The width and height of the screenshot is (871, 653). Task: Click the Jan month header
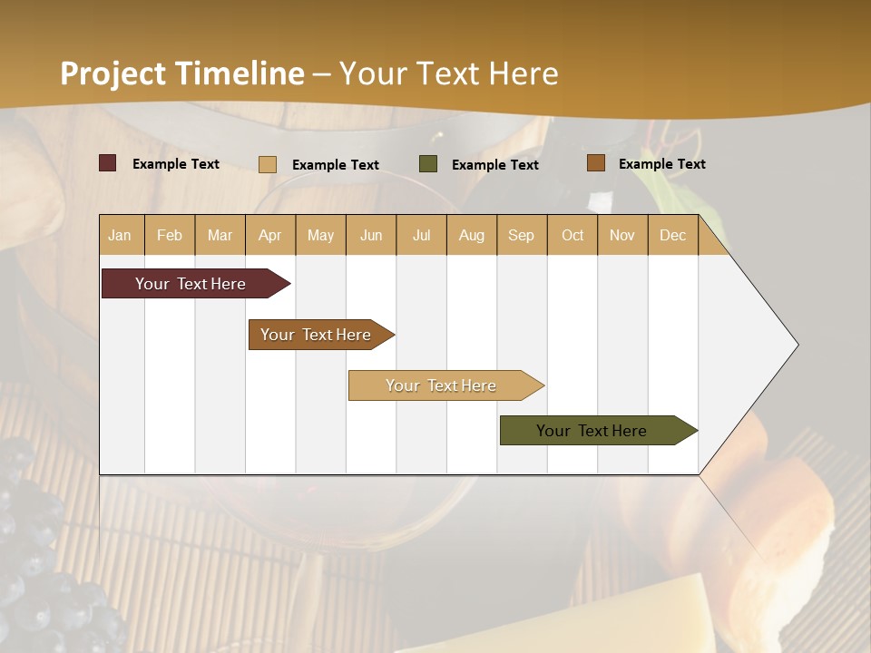pos(120,235)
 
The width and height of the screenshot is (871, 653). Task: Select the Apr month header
pos(269,235)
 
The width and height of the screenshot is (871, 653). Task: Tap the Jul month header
pos(421,235)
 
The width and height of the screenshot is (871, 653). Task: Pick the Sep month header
pos(521,235)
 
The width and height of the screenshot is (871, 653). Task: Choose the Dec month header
pos(672,235)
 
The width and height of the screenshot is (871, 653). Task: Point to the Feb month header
pos(170,235)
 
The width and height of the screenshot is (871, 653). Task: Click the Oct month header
pos(573,235)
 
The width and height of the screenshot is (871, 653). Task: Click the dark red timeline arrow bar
pos(191,284)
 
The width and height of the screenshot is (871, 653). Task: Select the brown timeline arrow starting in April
pos(316,335)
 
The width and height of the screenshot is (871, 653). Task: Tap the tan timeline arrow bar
pos(441,385)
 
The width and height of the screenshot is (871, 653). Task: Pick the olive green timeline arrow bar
pos(592,431)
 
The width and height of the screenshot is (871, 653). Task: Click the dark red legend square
pos(107,163)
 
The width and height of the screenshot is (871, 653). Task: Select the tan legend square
pos(267,164)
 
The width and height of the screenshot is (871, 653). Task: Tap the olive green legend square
pos(427,164)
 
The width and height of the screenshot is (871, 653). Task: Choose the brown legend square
pos(595,163)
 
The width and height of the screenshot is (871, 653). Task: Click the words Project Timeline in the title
pos(181,73)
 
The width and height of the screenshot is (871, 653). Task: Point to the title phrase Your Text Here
pos(448,73)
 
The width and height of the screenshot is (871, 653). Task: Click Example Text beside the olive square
pos(494,165)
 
